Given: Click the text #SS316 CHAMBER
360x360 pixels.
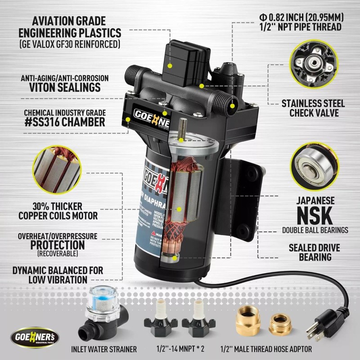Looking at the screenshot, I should pos(63,122).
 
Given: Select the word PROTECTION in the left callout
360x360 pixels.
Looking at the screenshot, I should pos(58,245).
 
